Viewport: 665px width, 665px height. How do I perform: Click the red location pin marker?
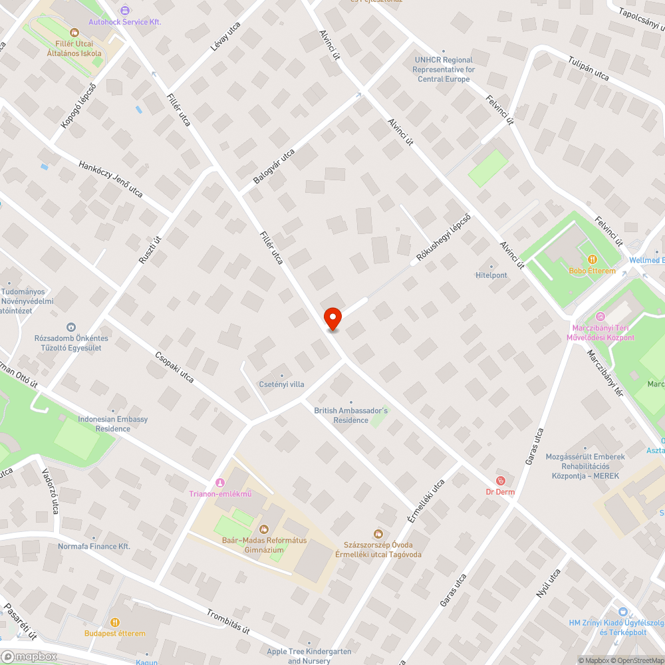(x=332, y=319)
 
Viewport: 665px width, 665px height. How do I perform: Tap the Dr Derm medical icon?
(x=501, y=480)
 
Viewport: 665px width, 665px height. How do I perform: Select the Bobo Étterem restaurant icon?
(x=592, y=259)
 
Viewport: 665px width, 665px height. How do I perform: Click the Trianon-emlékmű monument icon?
(x=220, y=482)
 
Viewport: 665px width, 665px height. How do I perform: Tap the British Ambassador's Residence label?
(x=350, y=416)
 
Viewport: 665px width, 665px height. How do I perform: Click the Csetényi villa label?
(x=282, y=384)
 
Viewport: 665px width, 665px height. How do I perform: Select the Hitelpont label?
(x=491, y=275)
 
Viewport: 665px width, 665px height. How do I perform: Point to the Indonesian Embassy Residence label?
(x=113, y=424)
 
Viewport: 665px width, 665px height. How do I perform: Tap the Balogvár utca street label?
(x=274, y=166)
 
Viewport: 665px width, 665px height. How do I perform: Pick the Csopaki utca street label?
(x=174, y=367)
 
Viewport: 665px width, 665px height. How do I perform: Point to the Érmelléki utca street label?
(x=426, y=501)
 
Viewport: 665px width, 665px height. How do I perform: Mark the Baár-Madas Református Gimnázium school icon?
(x=263, y=529)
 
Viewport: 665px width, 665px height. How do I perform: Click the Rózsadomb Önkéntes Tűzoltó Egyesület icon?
(x=71, y=327)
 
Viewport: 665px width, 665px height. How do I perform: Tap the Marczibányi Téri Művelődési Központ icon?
(x=600, y=317)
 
